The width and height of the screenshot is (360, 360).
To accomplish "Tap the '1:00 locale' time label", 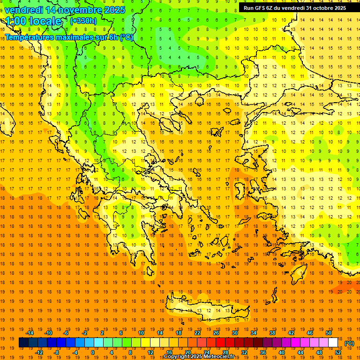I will [33, 21].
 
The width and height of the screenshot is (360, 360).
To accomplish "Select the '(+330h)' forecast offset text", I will [83, 21].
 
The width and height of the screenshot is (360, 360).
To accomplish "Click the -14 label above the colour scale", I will [30, 333].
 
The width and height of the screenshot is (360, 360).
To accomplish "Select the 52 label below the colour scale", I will [338, 352].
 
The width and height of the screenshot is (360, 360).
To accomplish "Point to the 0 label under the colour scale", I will [93, 352].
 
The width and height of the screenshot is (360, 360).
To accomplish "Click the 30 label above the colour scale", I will [234, 333].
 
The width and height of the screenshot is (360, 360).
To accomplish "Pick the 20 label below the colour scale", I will [187, 352].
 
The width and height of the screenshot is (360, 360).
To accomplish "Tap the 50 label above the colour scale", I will [329, 333].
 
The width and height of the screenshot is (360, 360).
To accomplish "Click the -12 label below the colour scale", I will [39, 352].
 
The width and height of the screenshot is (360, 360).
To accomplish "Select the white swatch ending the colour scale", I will [333, 343].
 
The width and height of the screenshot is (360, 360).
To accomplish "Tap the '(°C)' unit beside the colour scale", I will [349, 343].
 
